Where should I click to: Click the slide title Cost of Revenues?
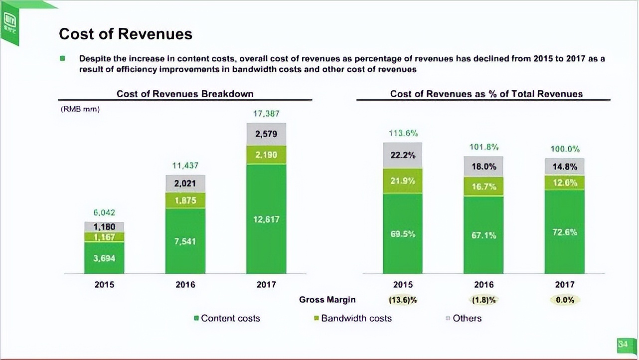[125, 34]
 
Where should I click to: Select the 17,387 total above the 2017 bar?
[266, 114]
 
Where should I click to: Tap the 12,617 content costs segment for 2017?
[266, 219]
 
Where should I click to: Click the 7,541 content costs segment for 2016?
[185, 241]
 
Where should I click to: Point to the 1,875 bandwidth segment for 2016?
[185, 200]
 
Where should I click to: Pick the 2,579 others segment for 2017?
[266, 134]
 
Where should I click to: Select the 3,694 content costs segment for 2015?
[104, 258]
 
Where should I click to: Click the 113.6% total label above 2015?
[403, 133]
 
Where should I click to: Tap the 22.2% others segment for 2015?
[403, 155]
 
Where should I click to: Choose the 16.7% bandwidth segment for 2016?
[483, 186]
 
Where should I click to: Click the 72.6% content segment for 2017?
[564, 232]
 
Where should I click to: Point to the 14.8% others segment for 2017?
[564, 167]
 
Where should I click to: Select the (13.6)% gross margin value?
[403, 300]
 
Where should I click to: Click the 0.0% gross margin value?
[564, 300]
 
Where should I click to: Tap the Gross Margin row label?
[327, 300]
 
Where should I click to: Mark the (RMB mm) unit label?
[80, 109]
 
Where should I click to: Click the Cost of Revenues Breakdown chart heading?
[185, 94]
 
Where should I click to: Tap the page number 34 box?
[622, 344]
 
